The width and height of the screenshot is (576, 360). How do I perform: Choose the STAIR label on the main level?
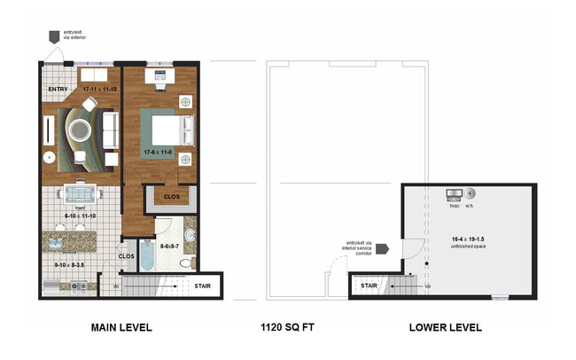click(x=202, y=286)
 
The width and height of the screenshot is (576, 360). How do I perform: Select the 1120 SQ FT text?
click(x=289, y=327)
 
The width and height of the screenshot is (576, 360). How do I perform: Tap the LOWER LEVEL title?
click(x=445, y=327)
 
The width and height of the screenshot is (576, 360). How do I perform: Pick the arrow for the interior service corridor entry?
click(x=382, y=249)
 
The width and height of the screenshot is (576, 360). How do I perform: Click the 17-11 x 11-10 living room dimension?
click(x=100, y=90)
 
